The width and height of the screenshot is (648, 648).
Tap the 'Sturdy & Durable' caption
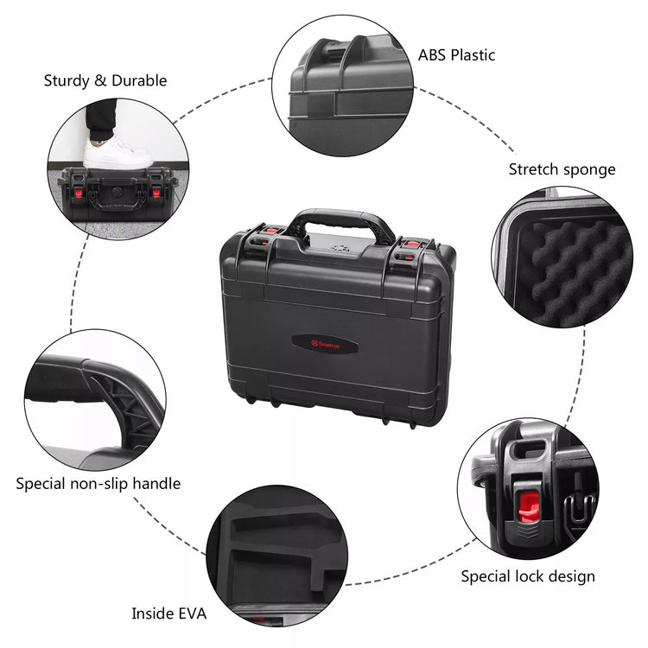(x=105, y=80)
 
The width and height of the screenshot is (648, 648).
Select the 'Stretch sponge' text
(x=562, y=169)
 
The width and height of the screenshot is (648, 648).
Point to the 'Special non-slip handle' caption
(x=98, y=483)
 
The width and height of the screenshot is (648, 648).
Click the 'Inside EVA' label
(x=168, y=613)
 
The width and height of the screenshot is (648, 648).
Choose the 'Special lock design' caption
(x=527, y=575)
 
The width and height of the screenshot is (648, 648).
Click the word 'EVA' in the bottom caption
(x=192, y=613)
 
